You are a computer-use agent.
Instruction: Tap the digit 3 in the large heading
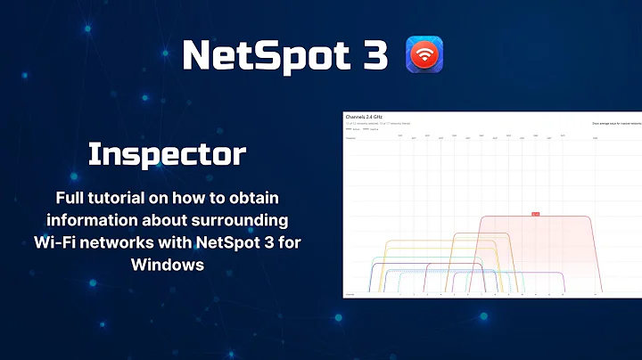[375, 55]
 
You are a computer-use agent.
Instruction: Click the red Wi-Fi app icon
[424, 55]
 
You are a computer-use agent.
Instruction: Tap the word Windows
[166, 265]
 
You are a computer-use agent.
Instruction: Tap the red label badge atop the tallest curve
[535, 214]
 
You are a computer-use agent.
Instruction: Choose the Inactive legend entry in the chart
[372, 128]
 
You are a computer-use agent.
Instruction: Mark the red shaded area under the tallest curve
[544, 254]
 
